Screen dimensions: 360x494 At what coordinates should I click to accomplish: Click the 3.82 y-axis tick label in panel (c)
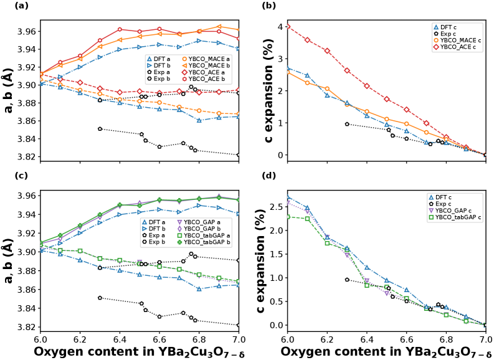(27, 327)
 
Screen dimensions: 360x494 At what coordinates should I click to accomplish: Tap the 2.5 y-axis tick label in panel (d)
(275, 206)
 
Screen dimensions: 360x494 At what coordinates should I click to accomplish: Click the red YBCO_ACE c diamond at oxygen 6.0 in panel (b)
(287, 27)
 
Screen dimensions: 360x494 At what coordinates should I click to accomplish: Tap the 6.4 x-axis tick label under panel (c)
(119, 338)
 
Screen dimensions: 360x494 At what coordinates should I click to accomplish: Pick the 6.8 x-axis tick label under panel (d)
(446, 338)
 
